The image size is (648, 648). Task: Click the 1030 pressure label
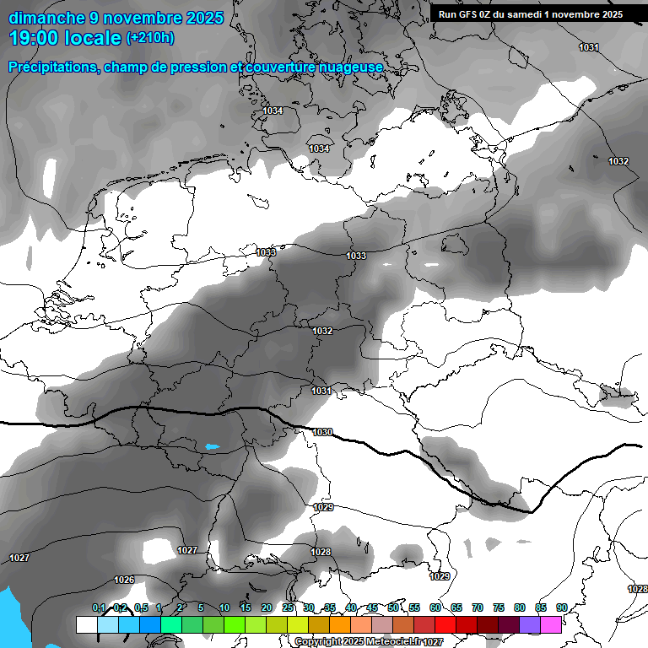(322, 432)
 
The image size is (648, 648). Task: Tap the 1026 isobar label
(124, 580)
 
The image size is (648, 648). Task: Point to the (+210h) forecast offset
(149, 38)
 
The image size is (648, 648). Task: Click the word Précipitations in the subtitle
(52, 67)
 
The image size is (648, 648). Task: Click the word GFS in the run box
(469, 14)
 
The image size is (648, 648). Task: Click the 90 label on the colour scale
(561, 607)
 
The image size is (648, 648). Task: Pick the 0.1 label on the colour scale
(99, 607)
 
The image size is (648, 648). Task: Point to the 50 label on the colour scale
(393, 607)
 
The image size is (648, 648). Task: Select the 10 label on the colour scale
(224, 607)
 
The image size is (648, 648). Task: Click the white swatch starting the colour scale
(86, 624)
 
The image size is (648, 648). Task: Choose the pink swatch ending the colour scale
(551, 624)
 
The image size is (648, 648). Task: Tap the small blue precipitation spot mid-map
(212, 446)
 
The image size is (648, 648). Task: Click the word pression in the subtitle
(192, 67)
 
